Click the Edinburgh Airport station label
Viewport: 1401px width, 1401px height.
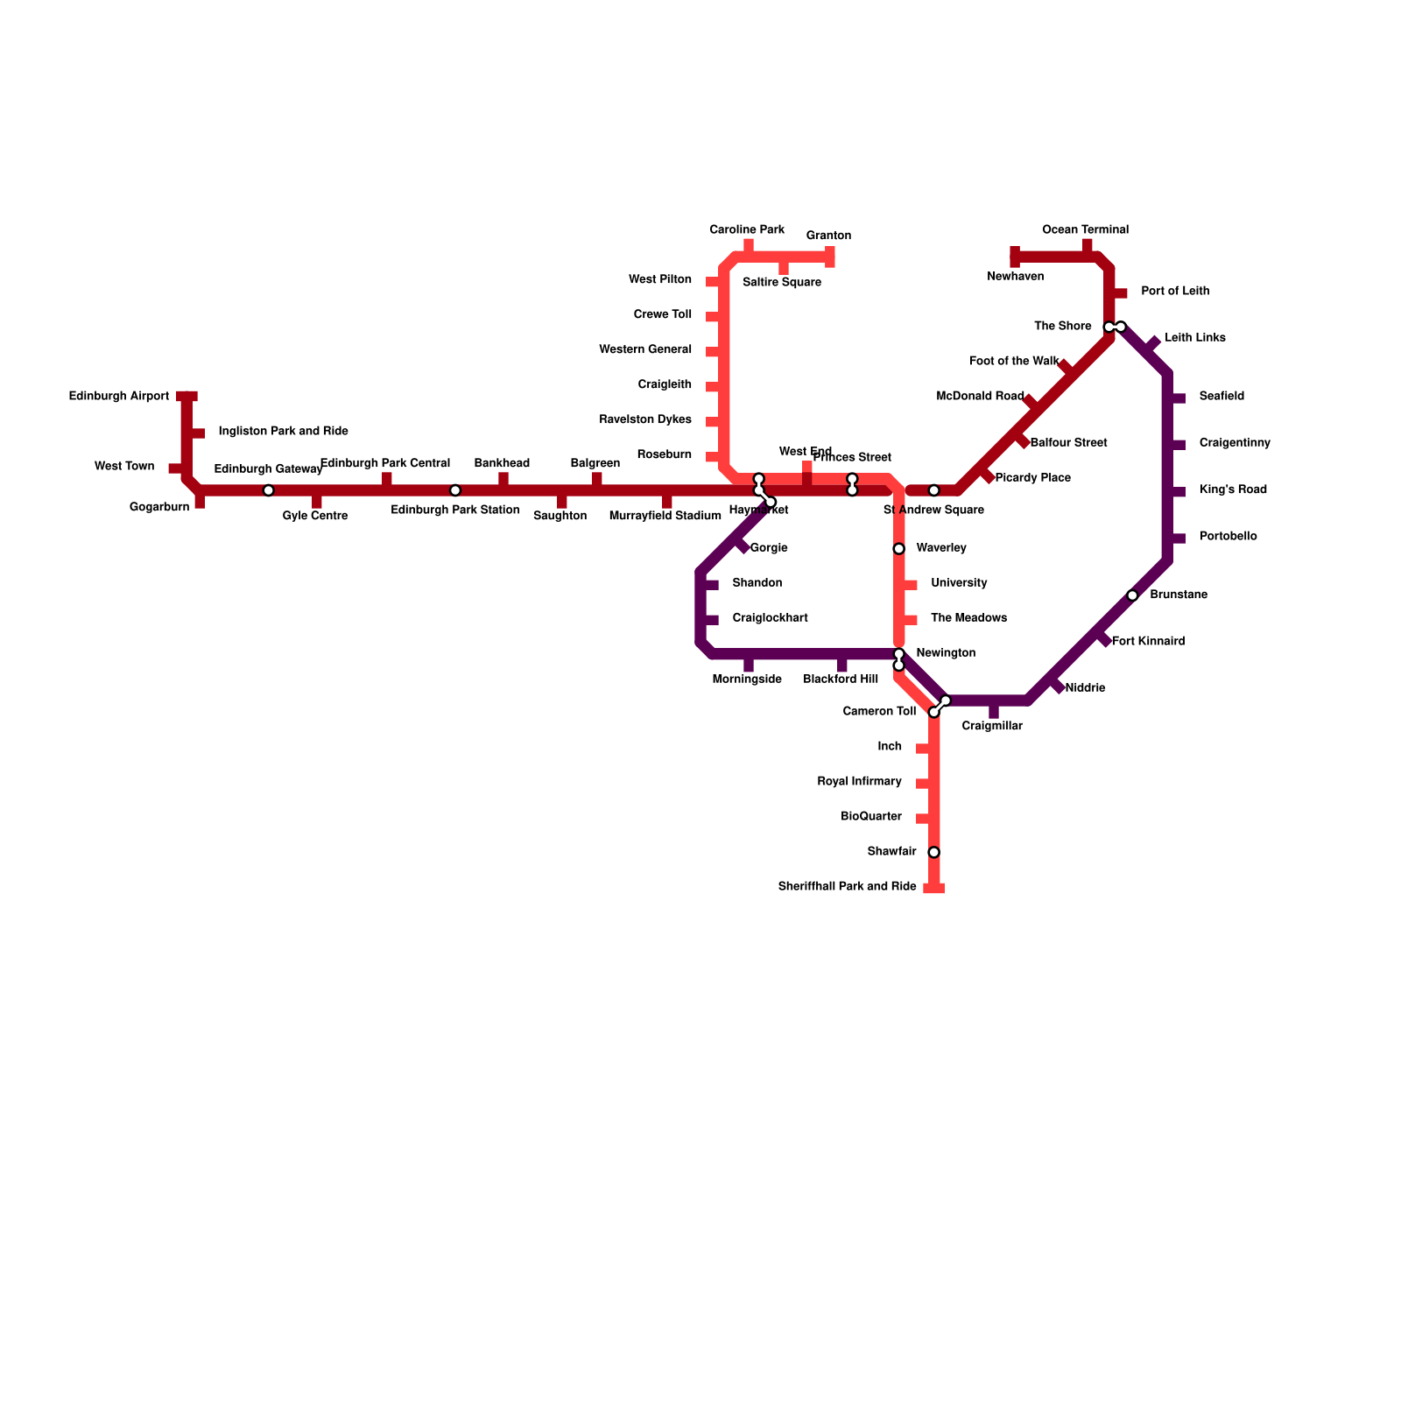point(119,397)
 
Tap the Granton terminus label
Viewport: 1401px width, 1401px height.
point(828,236)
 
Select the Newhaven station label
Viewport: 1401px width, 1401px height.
point(1015,277)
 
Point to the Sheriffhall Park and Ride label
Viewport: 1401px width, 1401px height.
point(847,887)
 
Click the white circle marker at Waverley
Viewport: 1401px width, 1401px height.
point(898,549)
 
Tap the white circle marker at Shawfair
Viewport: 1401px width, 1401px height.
point(934,852)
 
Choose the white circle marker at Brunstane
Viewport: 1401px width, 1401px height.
point(1132,595)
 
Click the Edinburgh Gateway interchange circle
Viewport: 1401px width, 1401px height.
point(269,490)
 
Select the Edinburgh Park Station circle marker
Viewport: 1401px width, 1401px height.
point(455,490)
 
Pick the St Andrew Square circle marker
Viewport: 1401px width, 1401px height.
point(934,490)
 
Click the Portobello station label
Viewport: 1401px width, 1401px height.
point(1228,537)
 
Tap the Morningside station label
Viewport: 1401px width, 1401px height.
point(747,679)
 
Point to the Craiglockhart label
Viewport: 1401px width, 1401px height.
point(770,618)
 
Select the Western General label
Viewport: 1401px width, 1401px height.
point(645,350)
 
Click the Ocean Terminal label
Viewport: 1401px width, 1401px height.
point(1085,230)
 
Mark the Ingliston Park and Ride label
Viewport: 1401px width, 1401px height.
point(283,432)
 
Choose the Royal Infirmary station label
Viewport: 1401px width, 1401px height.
point(859,782)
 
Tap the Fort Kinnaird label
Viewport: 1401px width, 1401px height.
point(1148,642)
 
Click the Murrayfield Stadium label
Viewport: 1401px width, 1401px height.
point(665,516)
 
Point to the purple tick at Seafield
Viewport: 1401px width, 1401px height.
point(1177,398)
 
